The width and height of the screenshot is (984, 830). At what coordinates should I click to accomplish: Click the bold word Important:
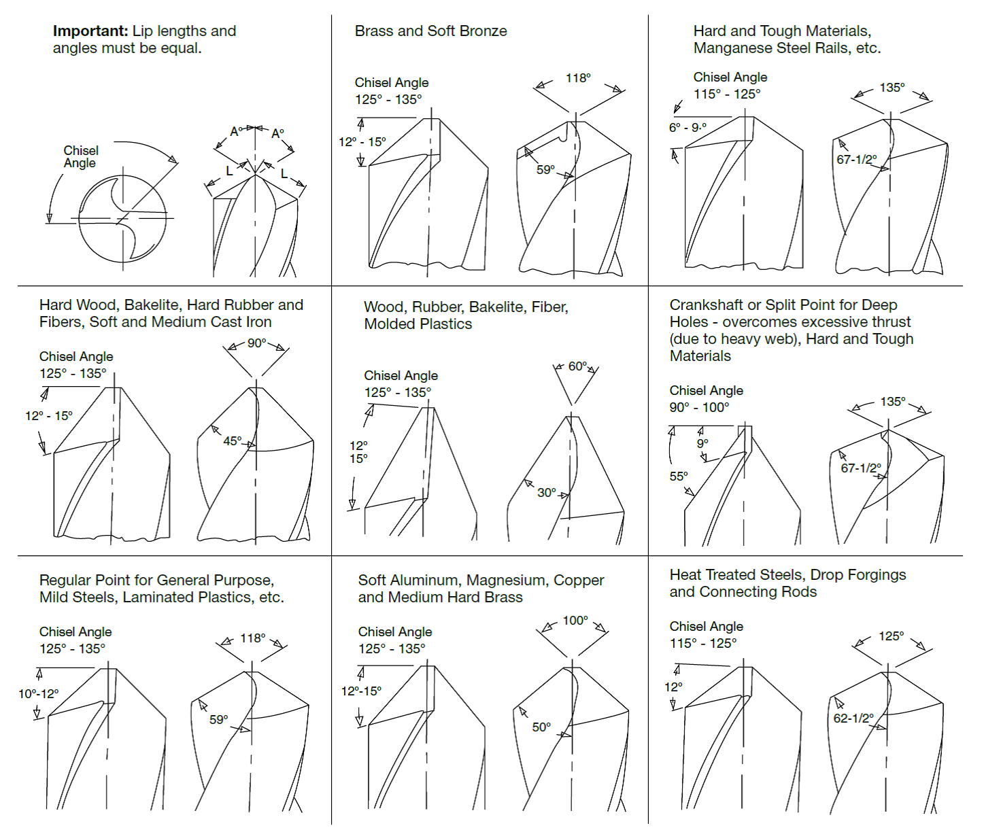pyautogui.click(x=90, y=31)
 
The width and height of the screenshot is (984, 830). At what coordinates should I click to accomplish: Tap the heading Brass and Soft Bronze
pyautogui.click(x=430, y=31)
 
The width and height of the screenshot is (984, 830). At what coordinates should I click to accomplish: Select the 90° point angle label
pyautogui.click(x=257, y=343)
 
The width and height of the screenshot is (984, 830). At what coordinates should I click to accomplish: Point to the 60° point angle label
pyautogui.click(x=578, y=366)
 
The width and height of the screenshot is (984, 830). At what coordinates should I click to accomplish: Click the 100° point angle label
pyautogui.click(x=575, y=621)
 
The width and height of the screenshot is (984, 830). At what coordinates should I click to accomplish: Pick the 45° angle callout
pyautogui.click(x=233, y=441)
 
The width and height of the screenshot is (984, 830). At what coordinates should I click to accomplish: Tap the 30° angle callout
pyautogui.click(x=547, y=493)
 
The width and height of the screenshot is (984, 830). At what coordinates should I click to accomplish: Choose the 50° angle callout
pyautogui.click(x=541, y=727)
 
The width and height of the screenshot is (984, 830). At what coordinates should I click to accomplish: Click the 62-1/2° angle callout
pyautogui.click(x=853, y=719)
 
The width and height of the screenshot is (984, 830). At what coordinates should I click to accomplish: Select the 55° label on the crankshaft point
pyautogui.click(x=679, y=477)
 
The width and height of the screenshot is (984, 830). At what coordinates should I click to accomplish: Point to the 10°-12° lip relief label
pyautogui.click(x=39, y=694)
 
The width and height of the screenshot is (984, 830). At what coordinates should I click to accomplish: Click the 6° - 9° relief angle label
pyautogui.click(x=688, y=128)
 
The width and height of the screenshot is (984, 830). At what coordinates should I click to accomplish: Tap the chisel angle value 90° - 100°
pyautogui.click(x=699, y=407)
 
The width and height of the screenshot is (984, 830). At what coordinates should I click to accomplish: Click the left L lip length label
pyautogui.click(x=229, y=171)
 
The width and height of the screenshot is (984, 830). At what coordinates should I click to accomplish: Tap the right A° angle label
pyautogui.click(x=277, y=134)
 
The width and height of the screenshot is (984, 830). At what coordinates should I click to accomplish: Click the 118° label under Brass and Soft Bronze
pyautogui.click(x=578, y=77)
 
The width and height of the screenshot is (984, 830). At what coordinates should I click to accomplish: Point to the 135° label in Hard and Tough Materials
pyautogui.click(x=893, y=88)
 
